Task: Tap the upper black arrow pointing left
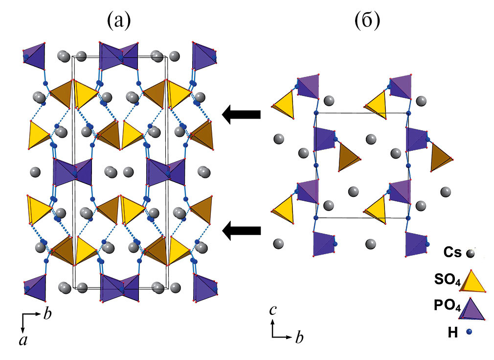pos(241,115)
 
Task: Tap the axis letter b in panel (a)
pos(47,314)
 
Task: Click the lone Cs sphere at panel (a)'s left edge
pos(35,172)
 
